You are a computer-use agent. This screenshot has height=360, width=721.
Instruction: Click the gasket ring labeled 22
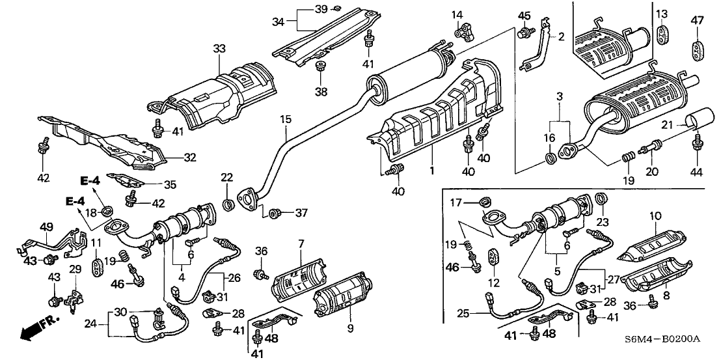(x=227, y=206)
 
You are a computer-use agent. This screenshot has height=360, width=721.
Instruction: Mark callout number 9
(x=349, y=329)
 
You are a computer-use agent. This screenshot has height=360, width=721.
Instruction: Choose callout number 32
(x=190, y=157)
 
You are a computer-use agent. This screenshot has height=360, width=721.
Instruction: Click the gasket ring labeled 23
(x=602, y=199)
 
